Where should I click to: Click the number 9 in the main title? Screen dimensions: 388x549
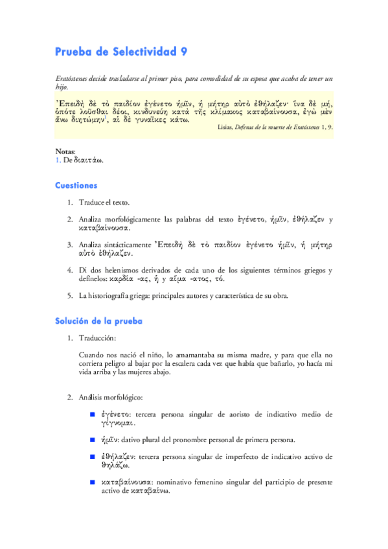tap(184, 52)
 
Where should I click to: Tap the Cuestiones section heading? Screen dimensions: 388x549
tap(76, 185)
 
